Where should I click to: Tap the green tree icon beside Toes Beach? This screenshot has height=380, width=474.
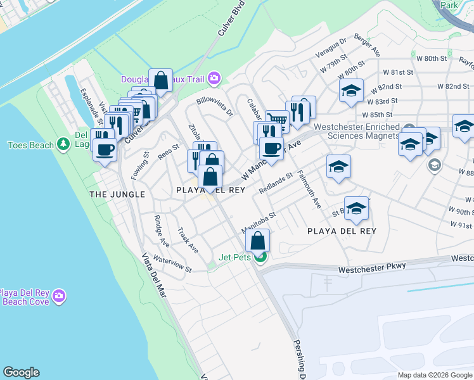63,145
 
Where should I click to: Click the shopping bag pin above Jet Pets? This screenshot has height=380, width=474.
257,241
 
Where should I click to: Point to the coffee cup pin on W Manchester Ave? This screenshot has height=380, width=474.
271,149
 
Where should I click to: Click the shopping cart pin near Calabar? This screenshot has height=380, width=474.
277,120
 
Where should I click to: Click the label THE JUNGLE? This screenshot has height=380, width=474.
117,194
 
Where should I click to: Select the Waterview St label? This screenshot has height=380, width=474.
172,264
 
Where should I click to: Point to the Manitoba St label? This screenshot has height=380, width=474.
259,222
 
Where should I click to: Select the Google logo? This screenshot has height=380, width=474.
22,372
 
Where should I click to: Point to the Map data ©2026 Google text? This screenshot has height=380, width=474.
434,375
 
